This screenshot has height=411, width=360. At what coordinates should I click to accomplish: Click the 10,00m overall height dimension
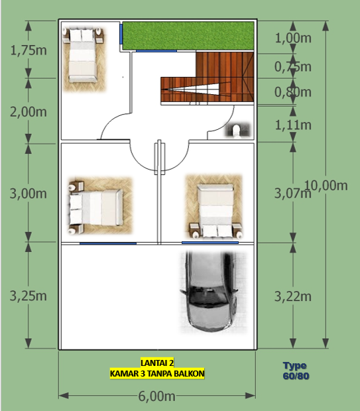point(326,185)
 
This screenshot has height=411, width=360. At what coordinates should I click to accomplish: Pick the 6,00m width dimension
point(156,396)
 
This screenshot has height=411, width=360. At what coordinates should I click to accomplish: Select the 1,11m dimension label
point(292,125)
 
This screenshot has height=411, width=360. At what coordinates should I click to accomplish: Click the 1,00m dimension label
point(292,38)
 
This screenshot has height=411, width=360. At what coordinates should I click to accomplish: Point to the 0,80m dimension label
point(292,92)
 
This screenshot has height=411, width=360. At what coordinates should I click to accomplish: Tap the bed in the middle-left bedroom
point(97,207)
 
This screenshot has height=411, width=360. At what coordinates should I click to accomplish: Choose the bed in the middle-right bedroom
point(215,206)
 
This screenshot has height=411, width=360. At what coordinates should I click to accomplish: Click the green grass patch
point(188,35)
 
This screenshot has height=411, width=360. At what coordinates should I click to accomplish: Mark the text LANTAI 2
point(157,363)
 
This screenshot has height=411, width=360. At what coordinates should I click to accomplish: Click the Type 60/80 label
point(296,371)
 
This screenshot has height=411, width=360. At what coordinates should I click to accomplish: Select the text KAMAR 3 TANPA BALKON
point(157,374)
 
